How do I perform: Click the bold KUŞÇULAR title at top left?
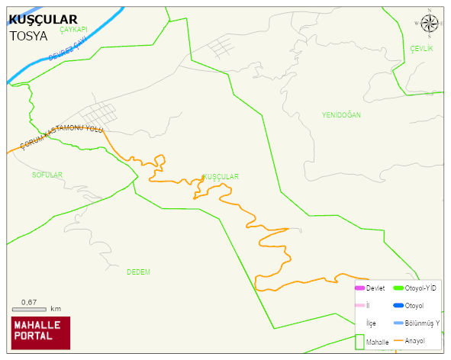[43, 20]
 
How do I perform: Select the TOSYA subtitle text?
[28, 35]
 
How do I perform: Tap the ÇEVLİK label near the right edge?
[421, 49]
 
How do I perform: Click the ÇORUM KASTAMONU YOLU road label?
[62, 138]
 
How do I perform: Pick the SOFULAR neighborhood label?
[47, 175]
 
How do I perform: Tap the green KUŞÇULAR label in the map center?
[221, 176]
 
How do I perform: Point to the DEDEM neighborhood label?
[138, 272]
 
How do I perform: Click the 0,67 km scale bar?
[30, 309]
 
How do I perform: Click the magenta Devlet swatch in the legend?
[359, 288]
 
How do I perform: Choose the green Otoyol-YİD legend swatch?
[397, 288]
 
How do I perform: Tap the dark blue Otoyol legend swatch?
[397, 306]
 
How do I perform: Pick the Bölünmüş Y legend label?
[422, 323]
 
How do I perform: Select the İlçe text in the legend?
[372, 323]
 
